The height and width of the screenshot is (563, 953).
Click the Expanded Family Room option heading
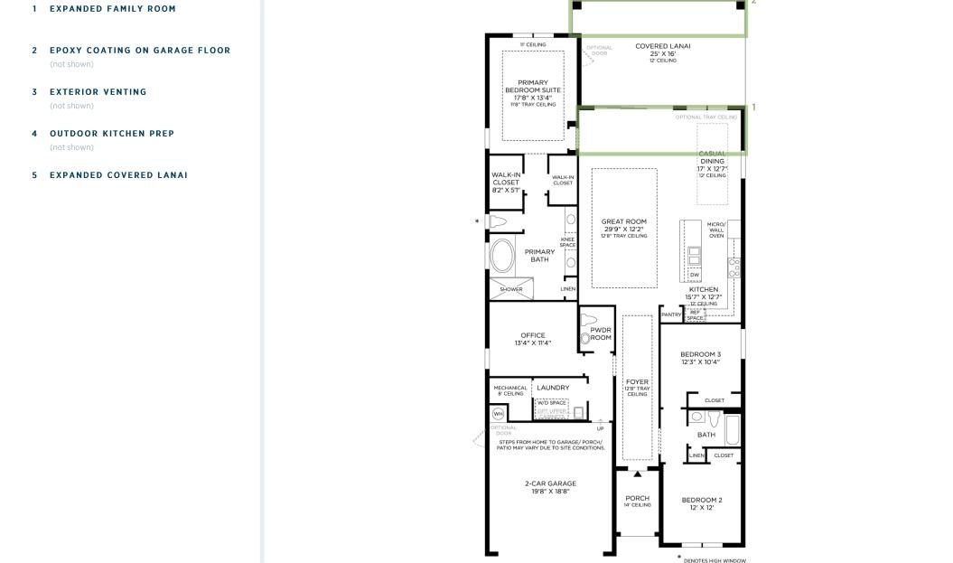[x=113, y=9]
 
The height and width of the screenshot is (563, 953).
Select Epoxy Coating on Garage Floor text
[x=140, y=51]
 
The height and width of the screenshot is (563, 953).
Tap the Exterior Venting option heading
[x=98, y=92]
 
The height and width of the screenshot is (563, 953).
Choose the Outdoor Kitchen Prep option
[x=112, y=134]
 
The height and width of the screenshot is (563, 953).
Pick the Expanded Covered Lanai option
[x=118, y=175]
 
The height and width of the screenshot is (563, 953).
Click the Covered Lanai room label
[x=663, y=46]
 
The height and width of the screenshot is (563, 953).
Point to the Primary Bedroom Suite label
[x=532, y=88]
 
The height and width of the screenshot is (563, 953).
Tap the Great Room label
[x=624, y=221]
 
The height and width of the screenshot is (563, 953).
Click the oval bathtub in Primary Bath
[x=501, y=256]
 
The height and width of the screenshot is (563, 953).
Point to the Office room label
[x=533, y=335]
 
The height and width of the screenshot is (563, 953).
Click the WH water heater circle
[x=498, y=414]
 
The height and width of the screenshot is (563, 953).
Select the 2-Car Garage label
[x=550, y=483]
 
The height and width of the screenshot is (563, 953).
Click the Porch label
[x=638, y=498]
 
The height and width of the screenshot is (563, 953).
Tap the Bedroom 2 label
[x=701, y=500]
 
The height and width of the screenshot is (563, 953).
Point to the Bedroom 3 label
[x=700, y=354]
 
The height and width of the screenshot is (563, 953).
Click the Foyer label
[x=637, y=382]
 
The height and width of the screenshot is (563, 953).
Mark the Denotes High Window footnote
[x=715, y=560]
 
